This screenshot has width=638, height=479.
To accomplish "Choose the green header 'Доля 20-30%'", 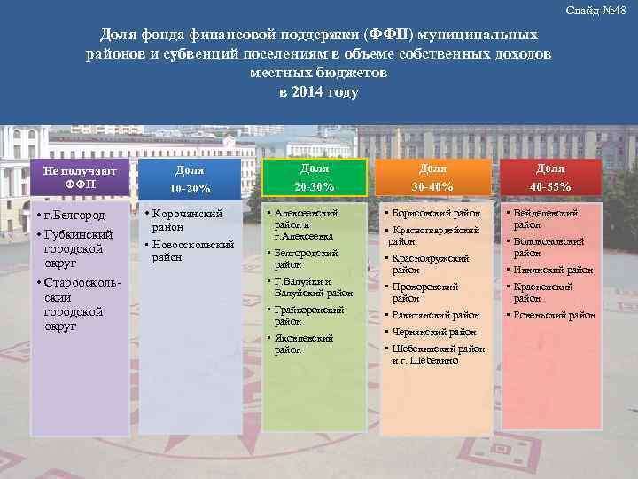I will point(314,177).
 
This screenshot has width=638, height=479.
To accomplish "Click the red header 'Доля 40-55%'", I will point(550,177).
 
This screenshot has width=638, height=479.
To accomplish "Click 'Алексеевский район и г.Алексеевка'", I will point(307,225).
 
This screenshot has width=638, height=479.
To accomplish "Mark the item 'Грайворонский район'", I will point(308,316).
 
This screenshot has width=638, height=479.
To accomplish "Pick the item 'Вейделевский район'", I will point(546,219).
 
